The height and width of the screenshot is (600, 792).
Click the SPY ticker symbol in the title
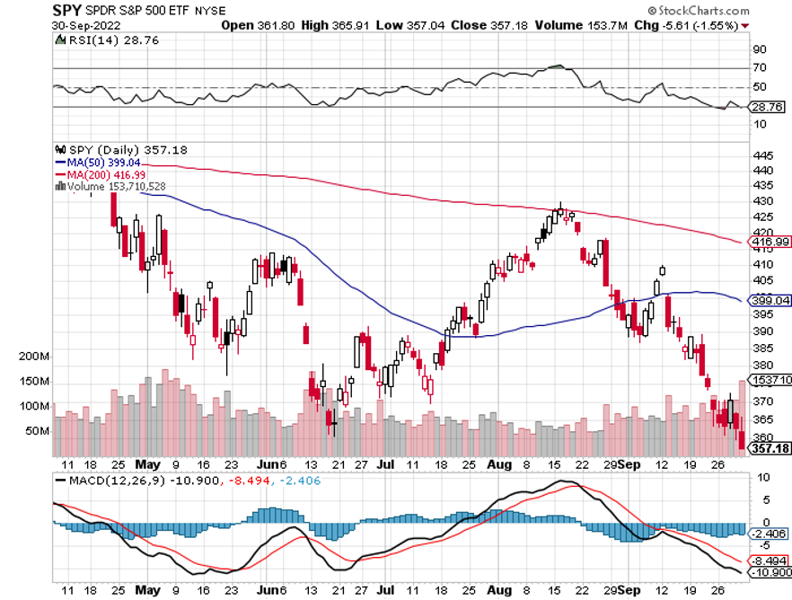click(x=67, y=11)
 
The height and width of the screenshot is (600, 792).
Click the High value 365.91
click(x=330, y=26)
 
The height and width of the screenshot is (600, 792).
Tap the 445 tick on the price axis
click(x=761, y=154)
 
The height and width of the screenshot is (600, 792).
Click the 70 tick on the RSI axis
click(x=759, y=67)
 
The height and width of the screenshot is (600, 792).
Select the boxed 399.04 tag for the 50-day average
click(x=771, y=301)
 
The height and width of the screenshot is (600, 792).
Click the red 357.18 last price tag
click(x=770, y=447)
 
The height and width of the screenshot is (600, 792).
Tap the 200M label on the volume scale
click(x=33, y=357)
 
